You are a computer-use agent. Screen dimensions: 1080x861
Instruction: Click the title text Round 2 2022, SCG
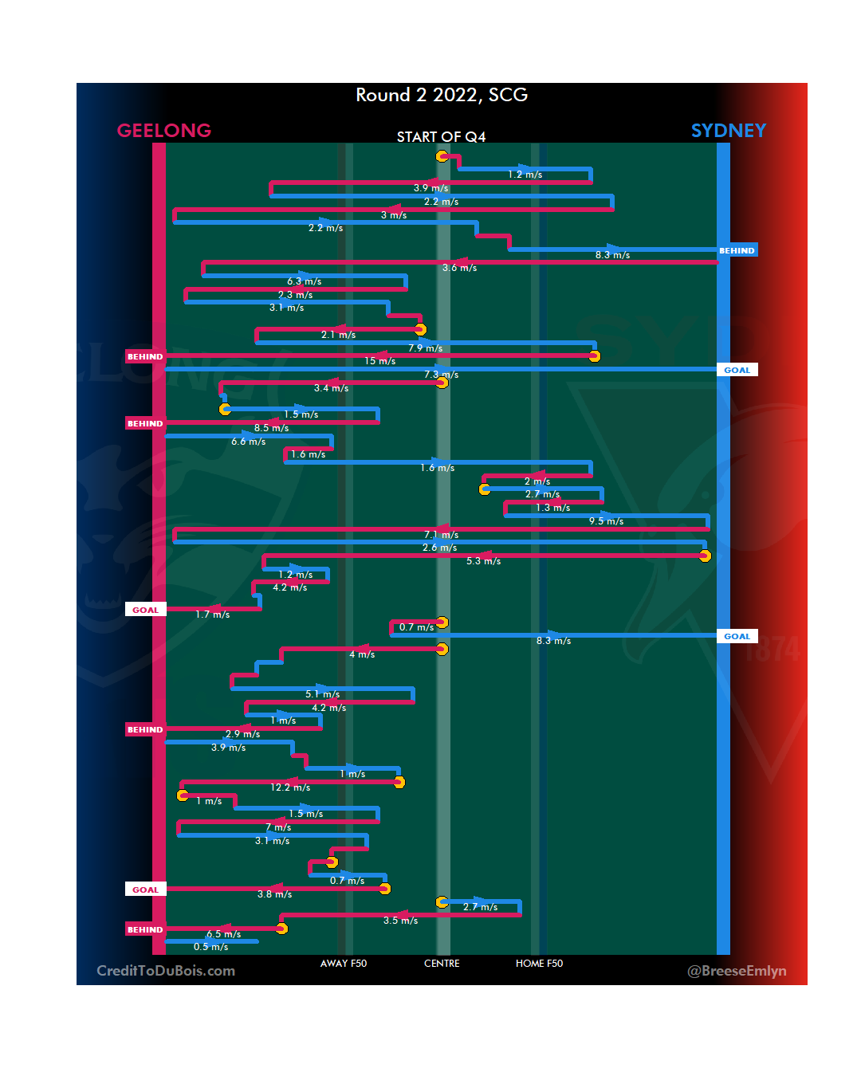(x=442, y=95)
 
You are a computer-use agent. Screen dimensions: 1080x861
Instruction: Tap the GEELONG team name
(x=164, y=131)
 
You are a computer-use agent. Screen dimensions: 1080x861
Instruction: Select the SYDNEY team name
(x=728, y=131)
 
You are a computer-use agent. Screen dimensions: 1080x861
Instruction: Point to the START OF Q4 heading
(x=441, y=137)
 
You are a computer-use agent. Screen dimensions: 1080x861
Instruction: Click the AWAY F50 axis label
(x=344, y=964)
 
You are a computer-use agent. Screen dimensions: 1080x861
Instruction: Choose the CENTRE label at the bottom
(x=442, y=964)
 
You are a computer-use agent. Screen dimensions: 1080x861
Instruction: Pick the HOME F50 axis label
(x=539, y=964)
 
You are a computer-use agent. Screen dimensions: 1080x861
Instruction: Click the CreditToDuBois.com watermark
(x=166, y=971)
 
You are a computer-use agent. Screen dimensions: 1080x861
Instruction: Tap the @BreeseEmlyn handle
(x=737, y=971)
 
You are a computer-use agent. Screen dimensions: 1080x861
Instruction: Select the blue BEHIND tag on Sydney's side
(x=737, y=250)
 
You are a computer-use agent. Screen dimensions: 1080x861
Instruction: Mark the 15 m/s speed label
(x=380, y=361)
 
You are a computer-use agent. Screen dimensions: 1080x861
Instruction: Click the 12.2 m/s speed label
(x=290, y=787)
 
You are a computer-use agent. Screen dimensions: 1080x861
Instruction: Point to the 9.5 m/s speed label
(x=606, y=521)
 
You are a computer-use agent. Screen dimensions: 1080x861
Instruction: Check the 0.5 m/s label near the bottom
(x=210, y=947)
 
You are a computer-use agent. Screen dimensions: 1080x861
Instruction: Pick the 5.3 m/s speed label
(x=483, y=561)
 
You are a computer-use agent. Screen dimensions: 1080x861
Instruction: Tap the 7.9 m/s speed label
(x=425, y=348)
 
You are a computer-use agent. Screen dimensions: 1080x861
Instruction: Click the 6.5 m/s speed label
(x=223, y=934)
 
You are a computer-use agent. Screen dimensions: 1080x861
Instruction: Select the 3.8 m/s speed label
(x=274, y=894)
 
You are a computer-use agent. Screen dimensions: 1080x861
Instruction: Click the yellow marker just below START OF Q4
(x=442, y=156)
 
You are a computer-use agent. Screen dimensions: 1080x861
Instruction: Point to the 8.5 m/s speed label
(x=271, y=428)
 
